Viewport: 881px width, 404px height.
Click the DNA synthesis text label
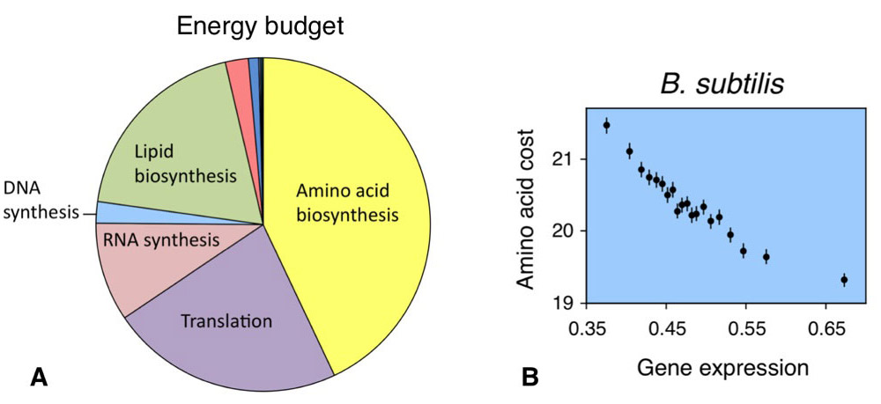(x=39, y=200)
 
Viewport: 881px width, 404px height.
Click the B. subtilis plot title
(x=724, y=86)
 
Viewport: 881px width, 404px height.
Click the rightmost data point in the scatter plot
(x=844, y=280)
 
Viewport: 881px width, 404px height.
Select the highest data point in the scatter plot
(x=606, y=126)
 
